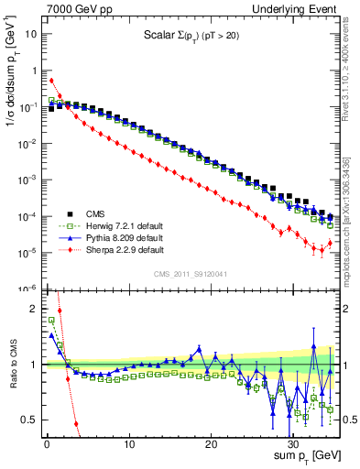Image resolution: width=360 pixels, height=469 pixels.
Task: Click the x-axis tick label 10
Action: point(129,444)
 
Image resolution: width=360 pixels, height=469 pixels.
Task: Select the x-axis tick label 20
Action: point(211,444)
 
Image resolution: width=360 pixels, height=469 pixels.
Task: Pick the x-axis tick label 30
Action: point(293,444)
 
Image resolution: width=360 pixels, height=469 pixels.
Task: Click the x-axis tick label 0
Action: point(47,444)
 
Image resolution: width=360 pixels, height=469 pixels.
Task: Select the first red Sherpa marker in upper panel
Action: point(51,81)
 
